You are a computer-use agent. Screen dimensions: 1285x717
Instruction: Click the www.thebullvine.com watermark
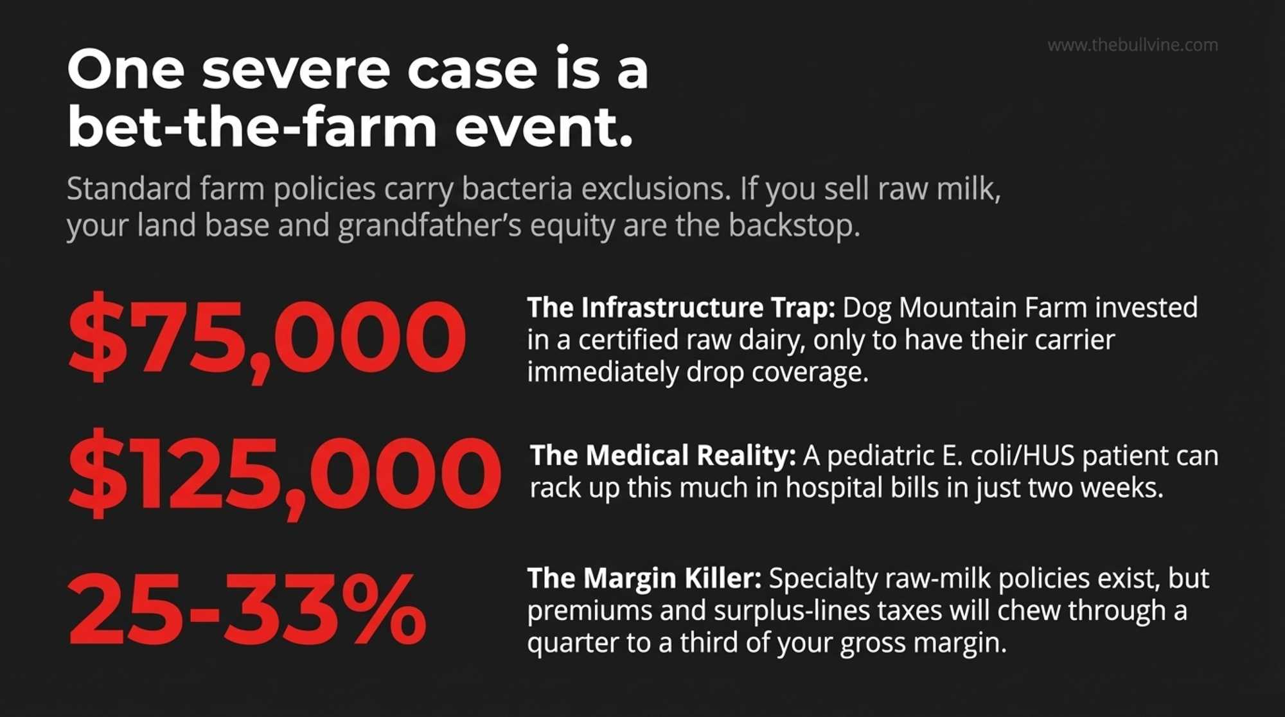1133,45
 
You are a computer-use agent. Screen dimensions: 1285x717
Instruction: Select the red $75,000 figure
267,337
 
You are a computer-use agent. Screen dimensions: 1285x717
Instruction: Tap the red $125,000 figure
284,474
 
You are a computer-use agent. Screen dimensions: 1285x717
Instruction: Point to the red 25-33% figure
247,608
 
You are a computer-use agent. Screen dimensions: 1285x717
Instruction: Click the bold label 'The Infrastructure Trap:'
681,308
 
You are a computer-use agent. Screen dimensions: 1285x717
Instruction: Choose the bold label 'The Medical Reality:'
663,456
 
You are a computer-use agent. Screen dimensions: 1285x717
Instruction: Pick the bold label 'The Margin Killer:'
644,578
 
